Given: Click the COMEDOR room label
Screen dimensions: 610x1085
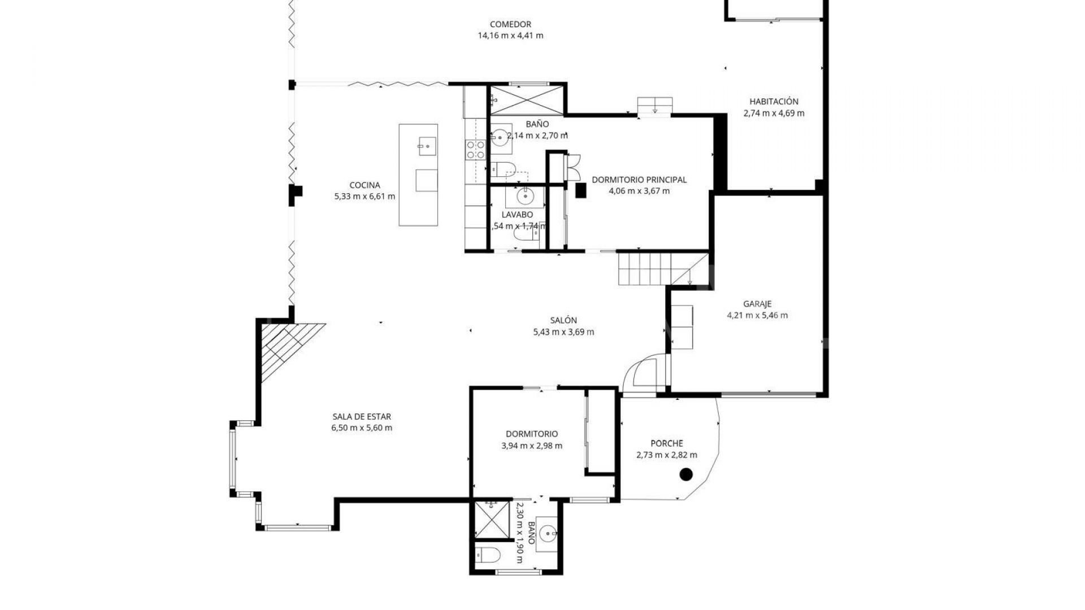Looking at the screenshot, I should [x=510, y=24].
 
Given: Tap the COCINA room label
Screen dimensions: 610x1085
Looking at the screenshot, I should [x=364, y=185].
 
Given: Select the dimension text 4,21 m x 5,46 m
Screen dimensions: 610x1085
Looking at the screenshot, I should [x=757, y=315].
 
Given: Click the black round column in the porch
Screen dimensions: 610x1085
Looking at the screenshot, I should [x=685, y=474].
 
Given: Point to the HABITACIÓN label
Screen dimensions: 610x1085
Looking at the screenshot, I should [x=774, y=102].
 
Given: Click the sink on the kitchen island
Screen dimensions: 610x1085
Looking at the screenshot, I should [x=427, y=146].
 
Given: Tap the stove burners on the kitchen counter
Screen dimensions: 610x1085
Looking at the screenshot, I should [x=475, y=149].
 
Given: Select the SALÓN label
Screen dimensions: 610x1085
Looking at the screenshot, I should [x=563, y=320].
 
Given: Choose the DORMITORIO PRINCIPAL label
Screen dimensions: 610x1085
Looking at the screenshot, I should [x=639, y=180].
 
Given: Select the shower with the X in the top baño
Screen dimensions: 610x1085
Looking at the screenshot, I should [x=526, y=101].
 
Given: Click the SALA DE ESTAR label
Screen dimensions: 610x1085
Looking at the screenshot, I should [x=362, y=417].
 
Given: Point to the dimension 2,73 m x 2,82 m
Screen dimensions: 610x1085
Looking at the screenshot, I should [x=666, y=455].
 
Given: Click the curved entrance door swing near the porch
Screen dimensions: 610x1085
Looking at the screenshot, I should [x=644, y=373].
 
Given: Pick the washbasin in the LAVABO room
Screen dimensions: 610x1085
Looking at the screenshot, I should [x=524, y=197].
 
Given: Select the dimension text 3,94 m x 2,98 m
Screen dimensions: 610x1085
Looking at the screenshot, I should [x=531, y=446].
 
